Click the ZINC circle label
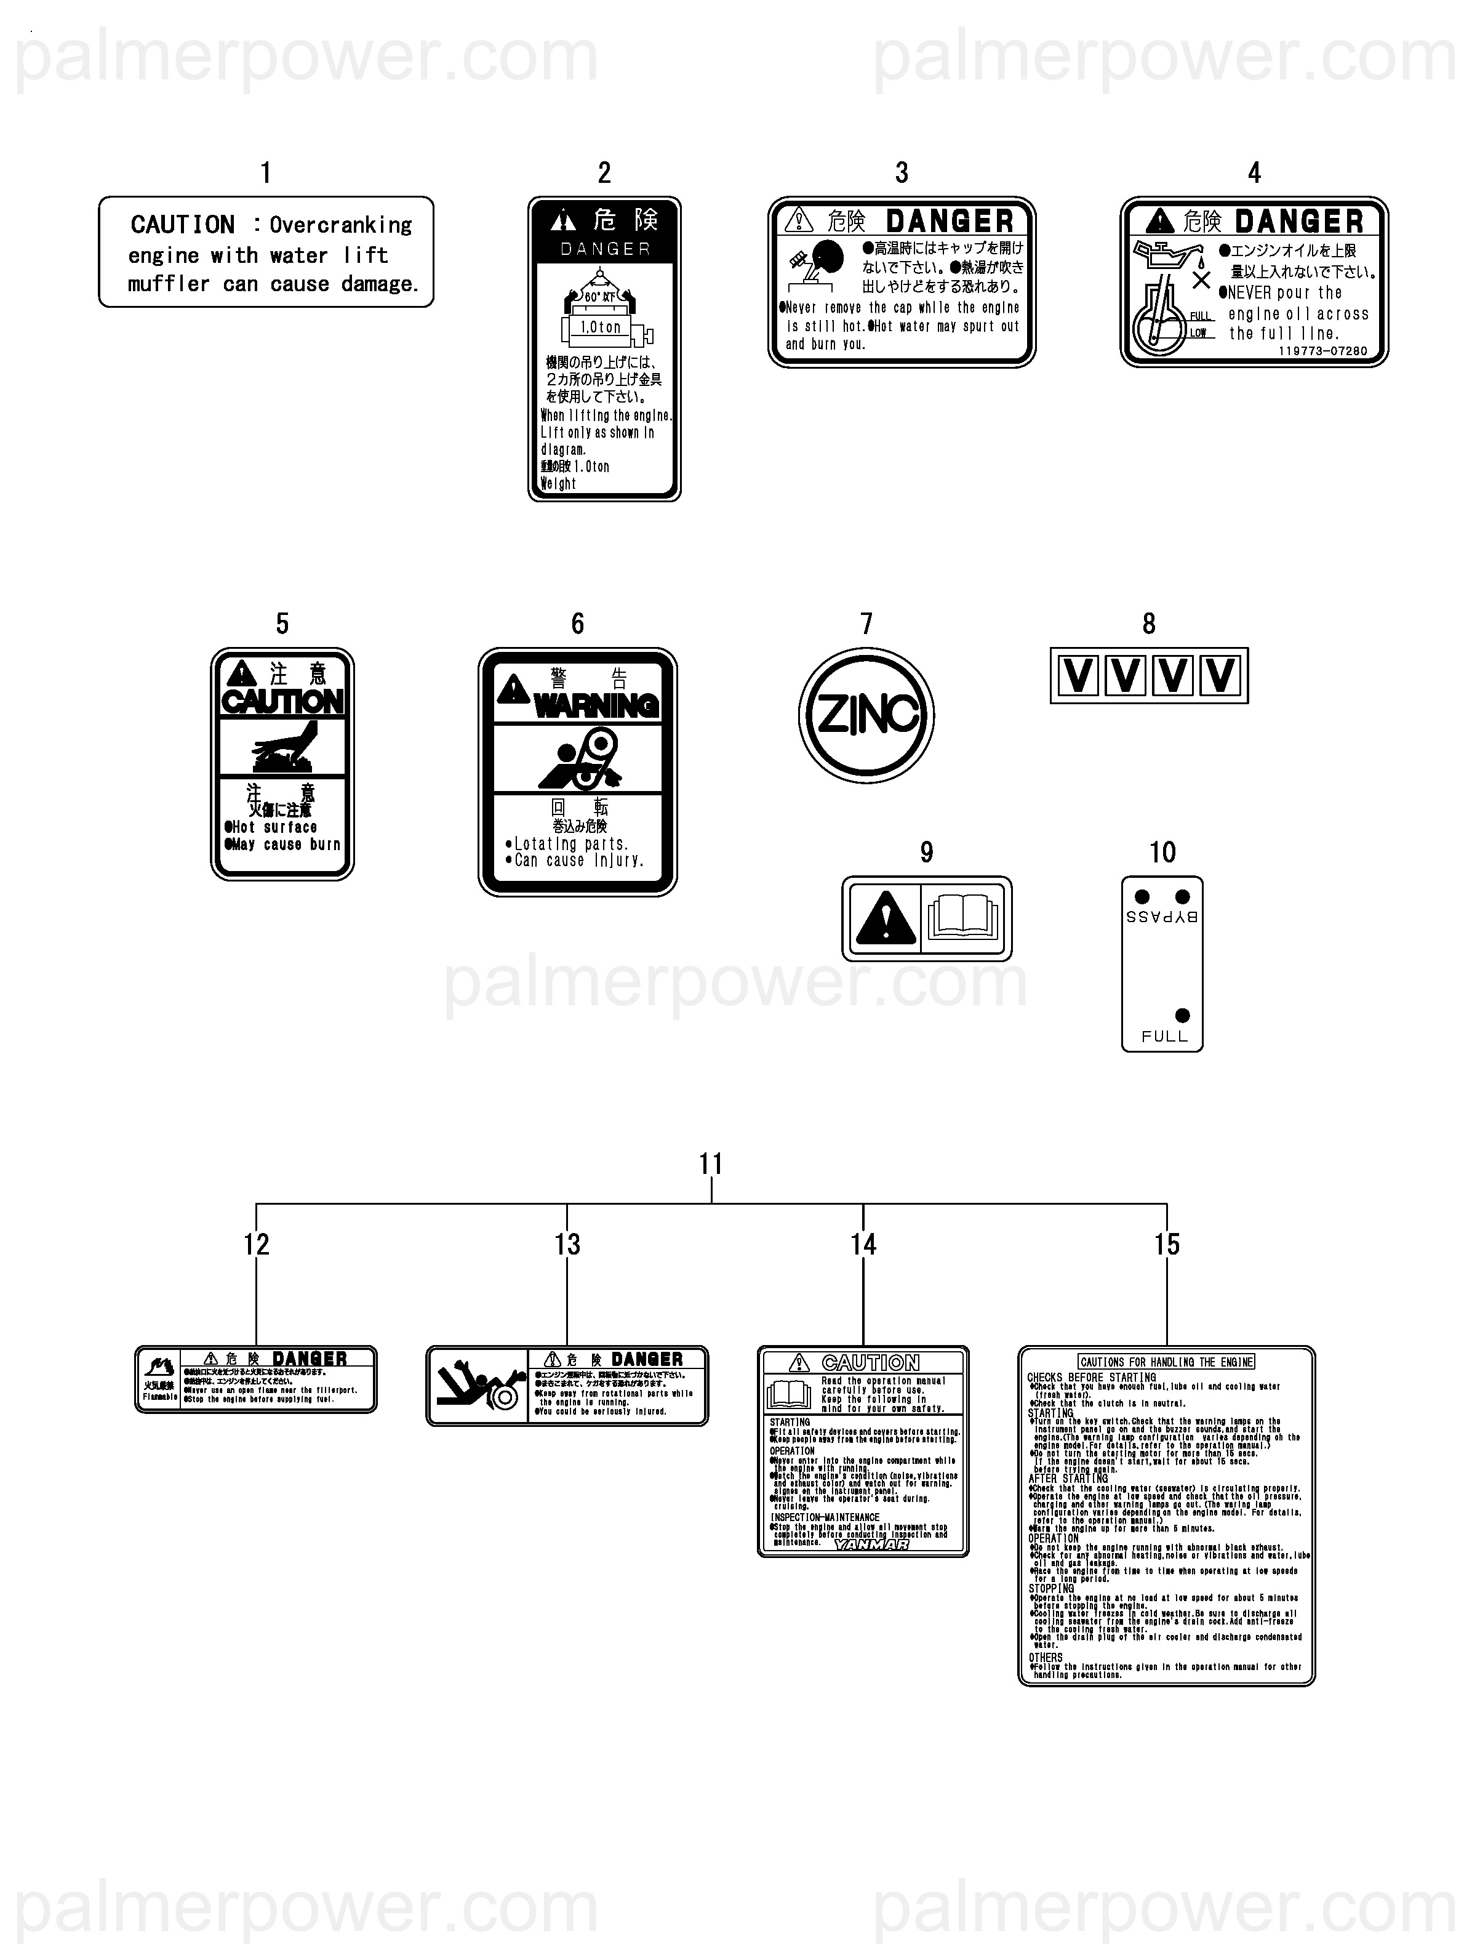tap(866, 715)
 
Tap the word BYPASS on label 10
tap(1162, 917)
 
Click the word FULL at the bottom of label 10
tap(1164, 1036)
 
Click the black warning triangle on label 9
tap(886, 918)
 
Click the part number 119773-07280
tap(1322, 351)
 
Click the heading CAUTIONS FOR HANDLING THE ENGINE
tap(1166, 1361)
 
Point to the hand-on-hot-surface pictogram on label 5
tap(282, 747)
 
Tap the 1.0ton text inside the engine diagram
tap(600, 327)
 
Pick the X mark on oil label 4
tap(1201, 280)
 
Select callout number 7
tap(866, 624)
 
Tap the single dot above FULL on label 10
tap(1182, 1015)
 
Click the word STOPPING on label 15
tap(1051, 1589)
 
